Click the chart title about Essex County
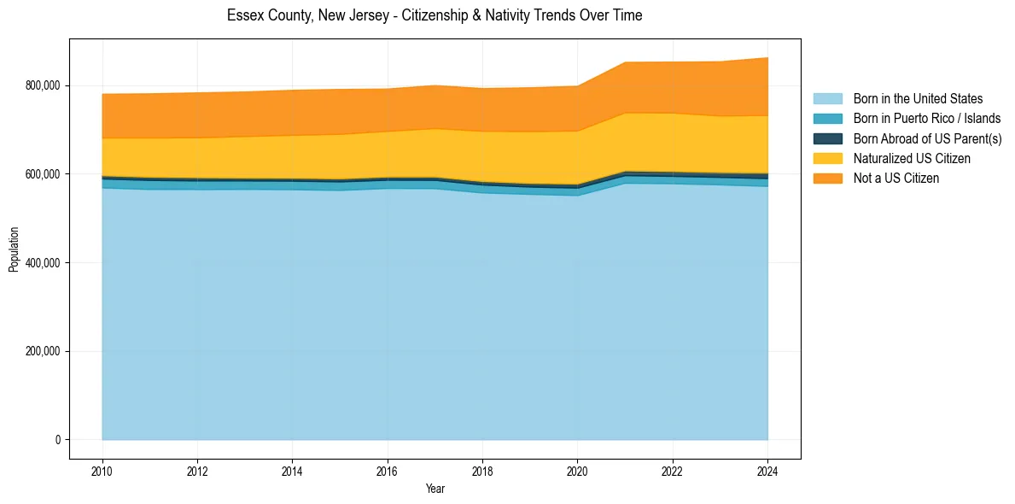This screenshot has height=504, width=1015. click(435, 15)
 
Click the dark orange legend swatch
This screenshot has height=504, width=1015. click(827, 178)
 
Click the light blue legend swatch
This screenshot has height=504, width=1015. click(827, 99)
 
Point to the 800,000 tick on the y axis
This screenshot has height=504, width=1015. click(43, 85)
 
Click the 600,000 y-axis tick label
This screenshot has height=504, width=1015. click(43, 174)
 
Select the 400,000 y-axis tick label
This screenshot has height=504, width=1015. click(43, 262)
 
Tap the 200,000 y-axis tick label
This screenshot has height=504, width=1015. click(43, 351)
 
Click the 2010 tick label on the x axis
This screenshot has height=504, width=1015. click(102, 471)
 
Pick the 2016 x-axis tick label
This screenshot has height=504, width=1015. click(388, 471)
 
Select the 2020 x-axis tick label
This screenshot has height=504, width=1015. click(578, 471)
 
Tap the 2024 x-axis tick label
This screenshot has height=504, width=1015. click(768, 471)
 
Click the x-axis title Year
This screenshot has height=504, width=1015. click(435, 489)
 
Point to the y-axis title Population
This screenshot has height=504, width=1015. click(14, 249)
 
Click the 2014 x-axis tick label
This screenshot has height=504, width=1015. click(293, 471)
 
